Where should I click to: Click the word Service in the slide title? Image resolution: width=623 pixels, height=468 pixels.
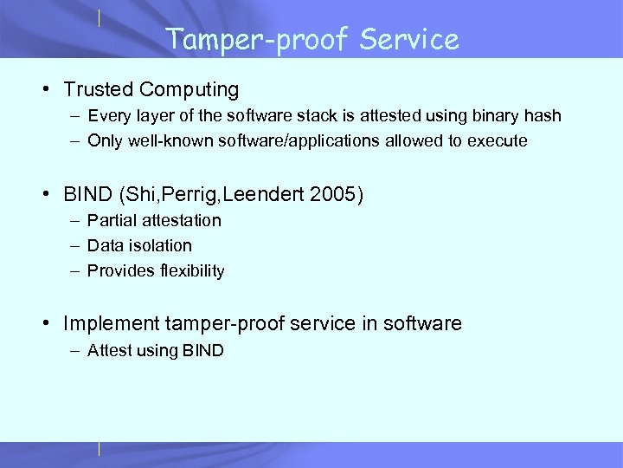[410, 40]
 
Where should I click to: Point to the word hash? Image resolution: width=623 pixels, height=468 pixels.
[543, 116]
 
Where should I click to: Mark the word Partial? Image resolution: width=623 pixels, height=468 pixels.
[110, 221]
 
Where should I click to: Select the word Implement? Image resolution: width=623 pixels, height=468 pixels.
[110, 324]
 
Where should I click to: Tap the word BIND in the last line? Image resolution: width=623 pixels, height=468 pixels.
[202, 351]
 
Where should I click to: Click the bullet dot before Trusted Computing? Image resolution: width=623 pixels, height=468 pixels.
[52, 90]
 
